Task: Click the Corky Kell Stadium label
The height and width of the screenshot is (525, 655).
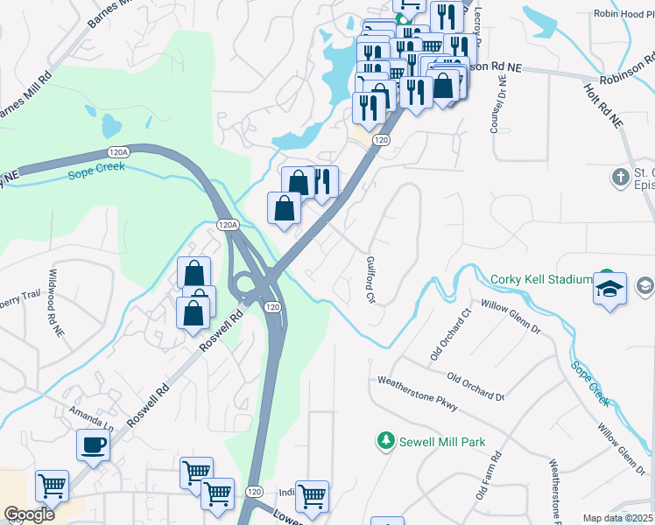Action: coord(541,279)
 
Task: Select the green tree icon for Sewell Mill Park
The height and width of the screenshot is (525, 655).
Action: coord(384,442)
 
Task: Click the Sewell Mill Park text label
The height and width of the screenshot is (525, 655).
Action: coord(441,443)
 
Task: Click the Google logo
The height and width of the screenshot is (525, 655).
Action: coord(29,514)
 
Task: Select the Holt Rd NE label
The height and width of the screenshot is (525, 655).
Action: coord(603,102)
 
